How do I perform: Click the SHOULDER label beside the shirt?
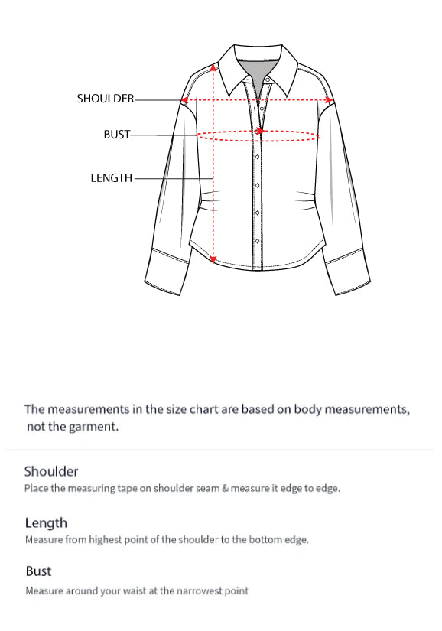pos(106,99)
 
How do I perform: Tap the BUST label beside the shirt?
pos(117,135)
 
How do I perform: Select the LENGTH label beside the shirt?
pos(112,178)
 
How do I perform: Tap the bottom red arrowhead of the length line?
pos(213,258)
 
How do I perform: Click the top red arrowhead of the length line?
pos(213,67)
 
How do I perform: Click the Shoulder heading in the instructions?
pos(51,471)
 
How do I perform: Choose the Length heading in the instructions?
pos(46,523)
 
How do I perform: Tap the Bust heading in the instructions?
pos(38,571)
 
